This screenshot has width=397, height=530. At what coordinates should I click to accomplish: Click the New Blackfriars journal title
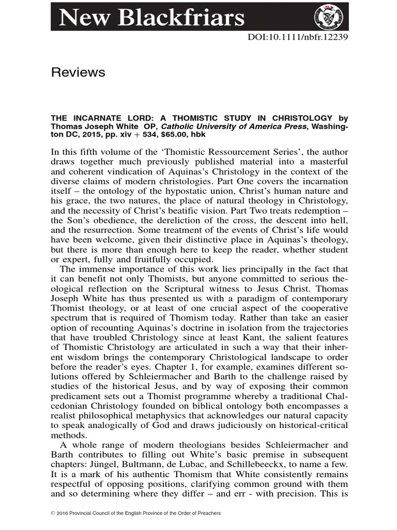pos(151,18)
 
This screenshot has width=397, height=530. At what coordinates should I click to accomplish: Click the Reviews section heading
pos(78,72)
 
